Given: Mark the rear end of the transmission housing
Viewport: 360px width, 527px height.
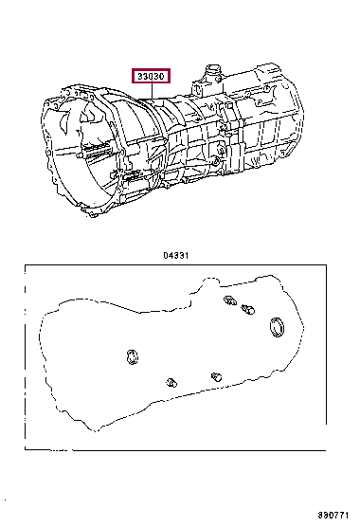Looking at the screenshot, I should point(303,123).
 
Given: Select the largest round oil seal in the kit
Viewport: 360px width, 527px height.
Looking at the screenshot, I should point(276,328).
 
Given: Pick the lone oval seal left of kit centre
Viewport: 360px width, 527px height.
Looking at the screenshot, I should point(130,357).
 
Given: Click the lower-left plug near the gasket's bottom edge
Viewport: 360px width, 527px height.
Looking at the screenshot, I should point(171,383).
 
